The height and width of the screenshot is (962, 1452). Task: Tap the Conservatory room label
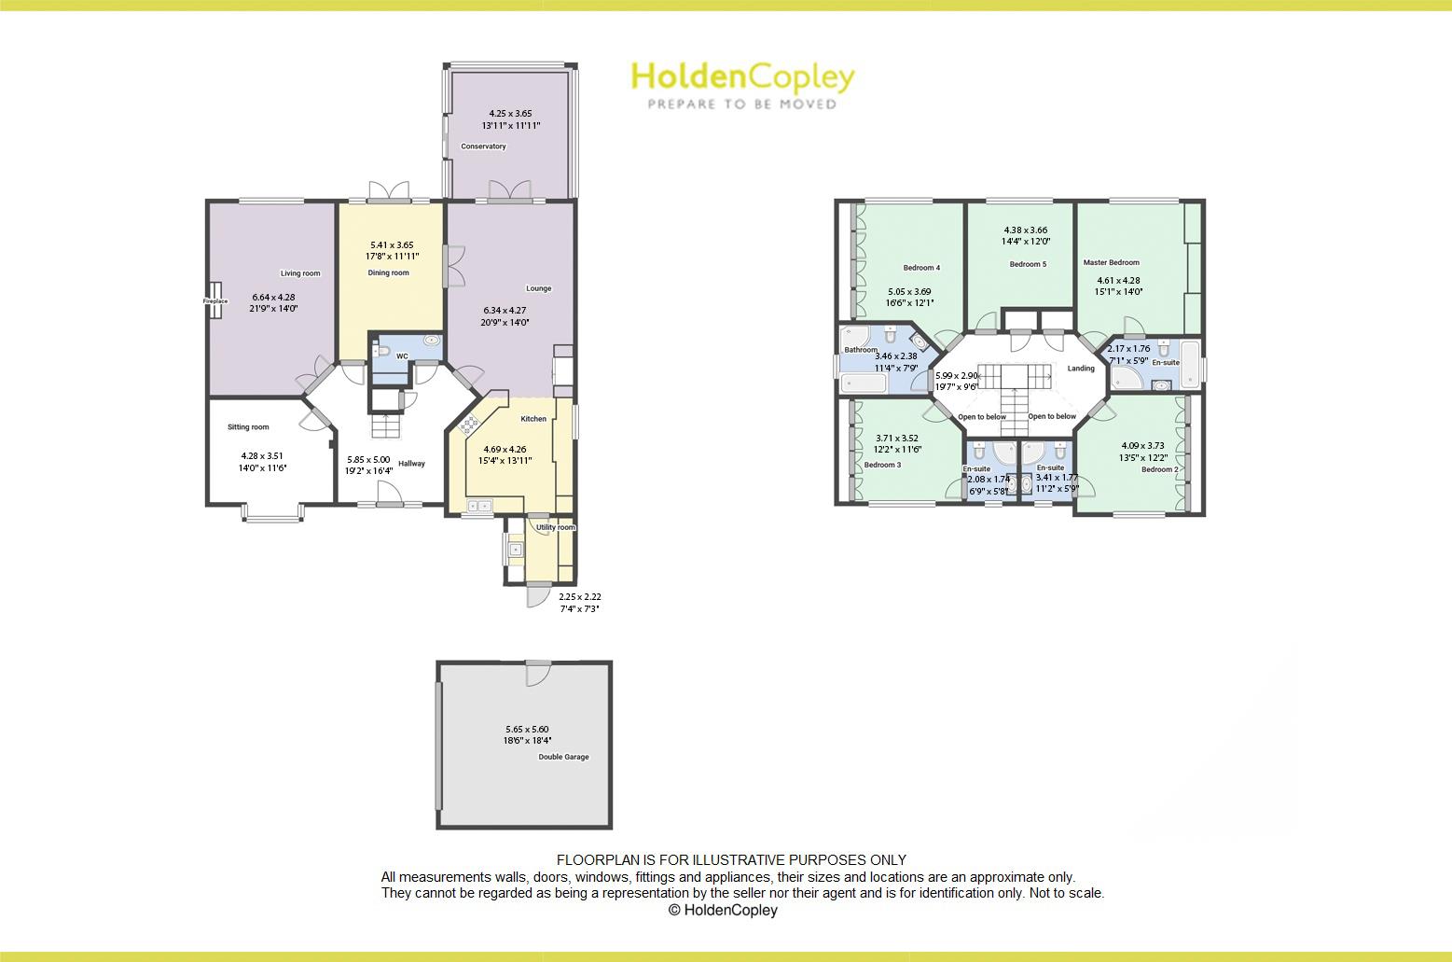coord(483,146)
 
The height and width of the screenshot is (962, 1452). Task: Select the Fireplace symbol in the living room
coord(215,301)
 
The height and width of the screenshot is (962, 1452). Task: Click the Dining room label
coord(388,273)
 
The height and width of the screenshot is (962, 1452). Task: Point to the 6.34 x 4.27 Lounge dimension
coord(505,311)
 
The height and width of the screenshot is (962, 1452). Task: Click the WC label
coord(402,356)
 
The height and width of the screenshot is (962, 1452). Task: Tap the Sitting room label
coord(248,427)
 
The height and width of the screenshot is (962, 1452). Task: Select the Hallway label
coord(411,464)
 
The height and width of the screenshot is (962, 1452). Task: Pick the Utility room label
coord(556,527)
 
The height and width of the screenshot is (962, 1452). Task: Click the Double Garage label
coord(563,757)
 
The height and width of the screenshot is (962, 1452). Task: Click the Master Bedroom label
coord(1111,263)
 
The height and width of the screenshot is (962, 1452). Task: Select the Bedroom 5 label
coord(1028,264)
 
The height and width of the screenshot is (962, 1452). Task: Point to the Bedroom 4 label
coord(921,268)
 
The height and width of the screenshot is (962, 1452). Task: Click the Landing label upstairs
coord(1081,369)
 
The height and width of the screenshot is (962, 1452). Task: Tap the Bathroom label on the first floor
coord(861,350)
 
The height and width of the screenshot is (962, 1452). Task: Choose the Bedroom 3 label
coord(882,465)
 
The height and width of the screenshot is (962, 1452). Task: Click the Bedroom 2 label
coord(1160,469)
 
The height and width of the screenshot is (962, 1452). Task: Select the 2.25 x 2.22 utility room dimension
coord(579,597)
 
